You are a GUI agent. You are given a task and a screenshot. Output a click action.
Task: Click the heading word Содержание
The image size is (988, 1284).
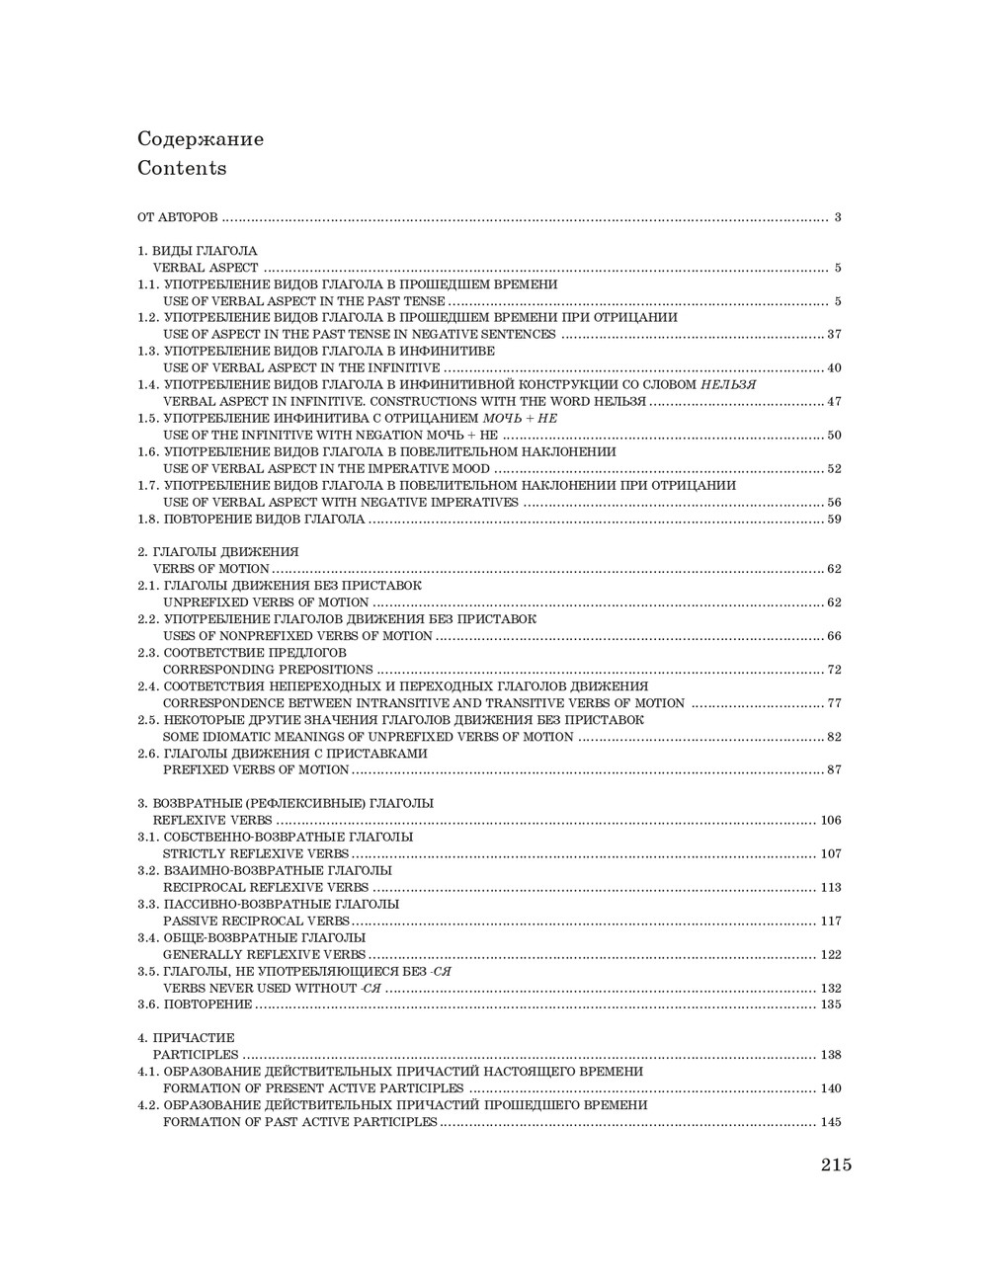click(x=201, y=139)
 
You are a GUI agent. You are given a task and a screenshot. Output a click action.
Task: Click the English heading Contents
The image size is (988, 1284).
click(x=182, y=168)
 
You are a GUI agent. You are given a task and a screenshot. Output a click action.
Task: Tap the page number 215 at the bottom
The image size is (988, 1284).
click(x=835, y=1164)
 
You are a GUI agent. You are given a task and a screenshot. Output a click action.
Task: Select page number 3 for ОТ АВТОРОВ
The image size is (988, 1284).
click(x=837, y=217)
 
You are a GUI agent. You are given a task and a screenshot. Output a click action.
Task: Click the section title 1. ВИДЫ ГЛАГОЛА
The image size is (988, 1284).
click(x=197, y=251)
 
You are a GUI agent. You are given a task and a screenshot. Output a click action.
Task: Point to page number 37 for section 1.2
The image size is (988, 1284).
click(x=833, y=335)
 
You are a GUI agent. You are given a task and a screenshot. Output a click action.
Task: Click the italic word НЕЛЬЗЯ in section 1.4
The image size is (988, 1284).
click(x=727, y=385)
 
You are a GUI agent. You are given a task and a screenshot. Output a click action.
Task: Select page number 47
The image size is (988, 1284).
click(x=833, y=402)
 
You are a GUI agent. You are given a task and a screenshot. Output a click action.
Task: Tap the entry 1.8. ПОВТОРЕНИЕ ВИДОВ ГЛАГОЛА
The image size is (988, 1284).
click(x=251, y=519)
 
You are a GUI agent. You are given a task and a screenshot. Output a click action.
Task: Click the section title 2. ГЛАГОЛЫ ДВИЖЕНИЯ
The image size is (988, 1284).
click(x=217, y=552)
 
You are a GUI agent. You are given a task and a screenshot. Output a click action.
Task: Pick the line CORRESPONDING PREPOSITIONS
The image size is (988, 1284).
click(x=268, y=670)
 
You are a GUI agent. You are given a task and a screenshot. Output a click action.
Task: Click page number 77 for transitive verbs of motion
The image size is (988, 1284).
click(x=833, y=703)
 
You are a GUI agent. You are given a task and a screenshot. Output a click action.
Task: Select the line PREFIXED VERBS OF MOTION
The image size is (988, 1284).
click(x=256, y=770)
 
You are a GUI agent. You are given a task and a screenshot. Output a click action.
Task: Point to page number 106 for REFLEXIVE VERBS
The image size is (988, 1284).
click(x=830, y=821)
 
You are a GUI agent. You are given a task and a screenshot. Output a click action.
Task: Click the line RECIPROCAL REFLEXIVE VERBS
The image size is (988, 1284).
click(x=266, y=888)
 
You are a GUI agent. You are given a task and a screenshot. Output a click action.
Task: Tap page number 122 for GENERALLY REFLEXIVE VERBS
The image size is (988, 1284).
click(x=830, y=955)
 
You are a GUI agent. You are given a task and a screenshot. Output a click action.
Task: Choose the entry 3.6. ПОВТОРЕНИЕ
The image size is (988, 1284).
click(x=195, y=1004)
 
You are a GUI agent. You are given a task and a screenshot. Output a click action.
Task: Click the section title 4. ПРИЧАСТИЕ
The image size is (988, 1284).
click(x=186, y=1038)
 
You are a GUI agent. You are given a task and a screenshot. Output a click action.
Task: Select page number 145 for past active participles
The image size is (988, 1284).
click(x=830, y=1122)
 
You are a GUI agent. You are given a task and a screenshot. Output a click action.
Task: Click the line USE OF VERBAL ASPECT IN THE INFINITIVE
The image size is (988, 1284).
click(x=301, y=368)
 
